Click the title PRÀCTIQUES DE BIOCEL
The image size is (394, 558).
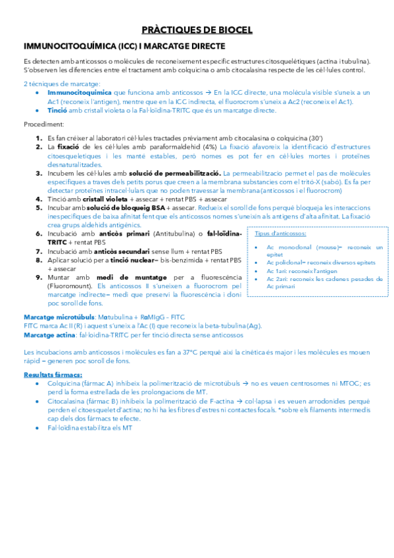click(197, 30)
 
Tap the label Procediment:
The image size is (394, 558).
click(43, 124)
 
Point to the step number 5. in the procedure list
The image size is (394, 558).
click(39, 207)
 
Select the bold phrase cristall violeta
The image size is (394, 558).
click(103, 199)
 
